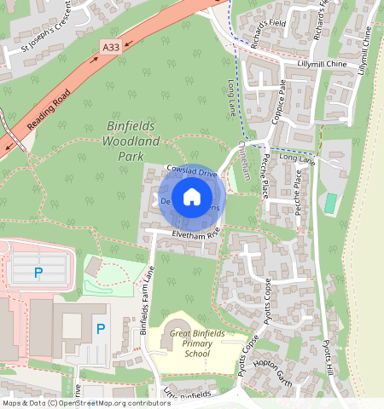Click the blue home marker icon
tap(192, 197)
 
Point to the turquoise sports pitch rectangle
tap(330, 203)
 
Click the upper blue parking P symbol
tap(38, 273)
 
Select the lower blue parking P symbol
tap(101, 329)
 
